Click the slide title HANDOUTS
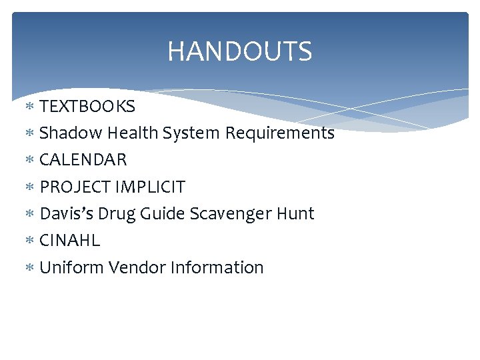tap(239, 51)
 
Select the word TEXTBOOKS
tap(87, 107)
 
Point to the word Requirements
tap(279, 133)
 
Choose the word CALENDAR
tap(83, 160)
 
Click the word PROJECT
tap(75, 187)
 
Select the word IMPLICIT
tap(151, 187)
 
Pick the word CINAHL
tap(70, 241)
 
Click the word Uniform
tap(72, 268)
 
